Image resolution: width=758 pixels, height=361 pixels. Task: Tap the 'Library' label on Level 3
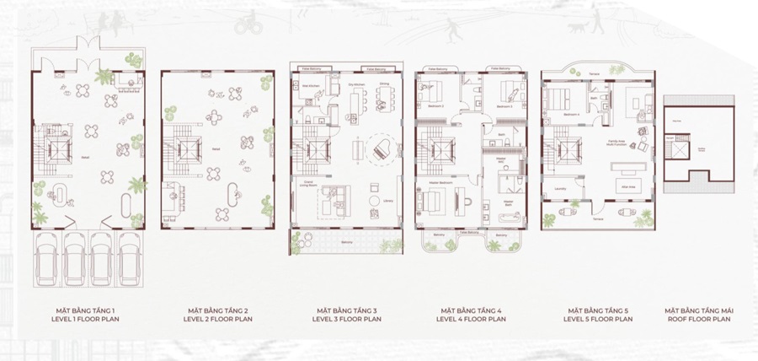[387, 201]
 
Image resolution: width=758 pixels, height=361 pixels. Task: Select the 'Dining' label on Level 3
[384, 84]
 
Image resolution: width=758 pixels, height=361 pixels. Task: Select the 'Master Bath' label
[510, 202]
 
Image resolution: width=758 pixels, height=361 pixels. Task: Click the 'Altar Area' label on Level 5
[627, 186]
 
